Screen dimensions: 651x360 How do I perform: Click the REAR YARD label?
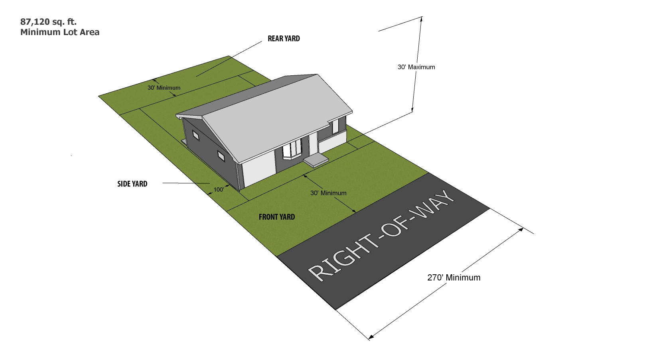284,39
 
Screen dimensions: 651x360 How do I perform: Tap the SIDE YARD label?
132,184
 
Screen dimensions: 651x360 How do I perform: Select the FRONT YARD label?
276,217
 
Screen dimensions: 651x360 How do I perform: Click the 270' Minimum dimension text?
454,277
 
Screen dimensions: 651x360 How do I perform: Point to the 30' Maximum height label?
416,67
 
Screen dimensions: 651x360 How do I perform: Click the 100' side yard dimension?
219,189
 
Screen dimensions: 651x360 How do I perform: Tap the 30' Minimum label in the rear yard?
164,88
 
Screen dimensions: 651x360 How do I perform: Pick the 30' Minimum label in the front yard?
328,193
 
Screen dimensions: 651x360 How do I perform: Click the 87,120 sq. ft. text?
48,22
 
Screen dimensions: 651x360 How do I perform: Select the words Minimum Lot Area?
60,32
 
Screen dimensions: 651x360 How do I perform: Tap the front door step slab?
316,160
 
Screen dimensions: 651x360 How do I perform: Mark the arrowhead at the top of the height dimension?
421,18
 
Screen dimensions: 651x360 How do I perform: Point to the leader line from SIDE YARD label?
185,183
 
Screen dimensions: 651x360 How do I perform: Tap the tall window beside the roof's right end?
335,126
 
